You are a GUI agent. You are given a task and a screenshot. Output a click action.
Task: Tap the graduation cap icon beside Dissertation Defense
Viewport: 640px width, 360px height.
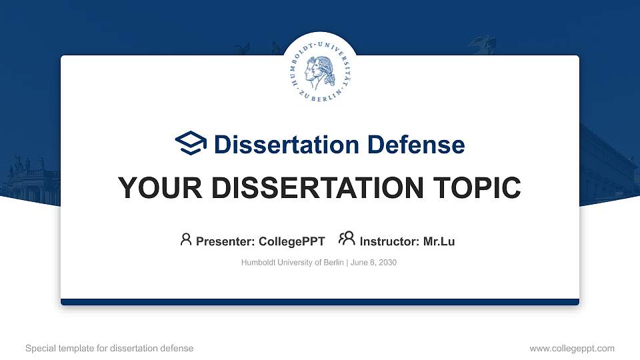[x=191, y=143]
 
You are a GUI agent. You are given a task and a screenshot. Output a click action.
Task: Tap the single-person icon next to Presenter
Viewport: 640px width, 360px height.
[x=186, y=239]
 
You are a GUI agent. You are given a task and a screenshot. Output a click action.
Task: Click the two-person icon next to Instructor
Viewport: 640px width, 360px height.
[x=347, y=239]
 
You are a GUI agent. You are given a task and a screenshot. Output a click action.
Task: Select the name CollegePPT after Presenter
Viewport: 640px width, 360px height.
[x=293, y=241]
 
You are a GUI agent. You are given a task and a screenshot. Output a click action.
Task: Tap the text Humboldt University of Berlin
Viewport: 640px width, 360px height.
[x=292, y=263]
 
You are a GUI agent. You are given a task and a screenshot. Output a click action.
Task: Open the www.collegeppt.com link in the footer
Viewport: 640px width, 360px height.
[x=572, y=348]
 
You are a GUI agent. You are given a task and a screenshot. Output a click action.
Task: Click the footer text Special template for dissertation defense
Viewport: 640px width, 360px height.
[x=109, y=348]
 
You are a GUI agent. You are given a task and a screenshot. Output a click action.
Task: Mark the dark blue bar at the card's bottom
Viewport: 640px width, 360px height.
[x=320, y=302]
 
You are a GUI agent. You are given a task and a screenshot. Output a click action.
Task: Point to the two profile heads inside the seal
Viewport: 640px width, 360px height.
[x=319, y=69]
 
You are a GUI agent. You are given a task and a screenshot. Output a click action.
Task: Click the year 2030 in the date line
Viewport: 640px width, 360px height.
[x=387, y=263]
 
